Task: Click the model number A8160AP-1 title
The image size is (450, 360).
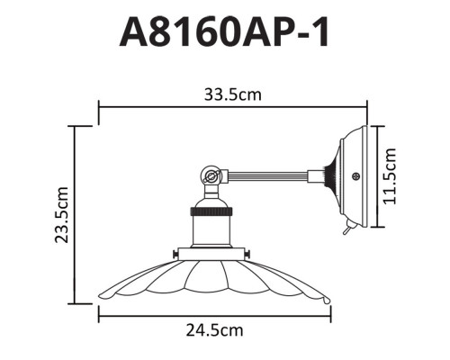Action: point(225,33)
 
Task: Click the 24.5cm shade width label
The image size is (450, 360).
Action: point(214,330)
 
